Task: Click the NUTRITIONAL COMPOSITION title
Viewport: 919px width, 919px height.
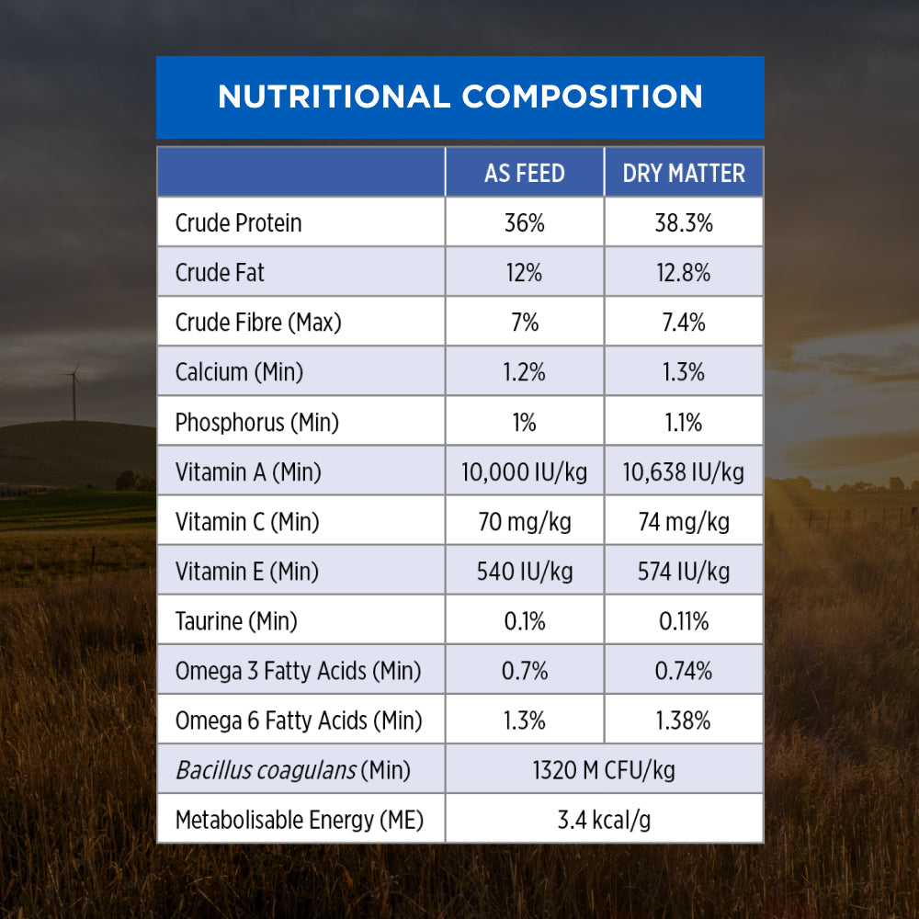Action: (x=459, y=96)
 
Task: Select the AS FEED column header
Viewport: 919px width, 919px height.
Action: (x=525, y=173)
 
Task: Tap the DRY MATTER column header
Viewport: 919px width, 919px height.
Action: (x=684, y=173)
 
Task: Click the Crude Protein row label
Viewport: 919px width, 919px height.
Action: (x=238, y=223)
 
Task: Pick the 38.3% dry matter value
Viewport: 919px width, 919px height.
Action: (x=684, y=223)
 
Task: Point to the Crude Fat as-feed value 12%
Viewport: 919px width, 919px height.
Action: (x=525, y=273)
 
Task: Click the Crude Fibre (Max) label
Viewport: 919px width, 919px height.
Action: (x=258, y=323)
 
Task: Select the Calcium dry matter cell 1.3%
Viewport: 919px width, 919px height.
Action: (x=684, y=372)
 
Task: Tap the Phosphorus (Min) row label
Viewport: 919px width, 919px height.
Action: (x=257, y=423)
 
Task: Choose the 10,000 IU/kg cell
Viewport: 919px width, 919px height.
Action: (x=525, y=472)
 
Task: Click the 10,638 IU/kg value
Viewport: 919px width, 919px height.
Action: (x=684, y=472)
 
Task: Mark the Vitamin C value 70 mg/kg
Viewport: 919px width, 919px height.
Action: (x=525, y=522)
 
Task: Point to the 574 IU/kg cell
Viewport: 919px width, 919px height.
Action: (x=684, y=572)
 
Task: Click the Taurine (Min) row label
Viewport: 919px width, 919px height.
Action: (x=236, y=621)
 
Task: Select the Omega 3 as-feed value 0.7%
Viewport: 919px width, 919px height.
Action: (x=525, y=671)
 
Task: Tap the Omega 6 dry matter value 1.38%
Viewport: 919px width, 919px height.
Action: (x=684, y=721)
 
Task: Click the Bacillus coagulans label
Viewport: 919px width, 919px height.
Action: (x=292, y=770)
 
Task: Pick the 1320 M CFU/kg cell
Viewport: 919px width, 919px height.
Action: (x=604, y=770)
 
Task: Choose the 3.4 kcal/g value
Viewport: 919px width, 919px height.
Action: (x=604, y=820)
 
